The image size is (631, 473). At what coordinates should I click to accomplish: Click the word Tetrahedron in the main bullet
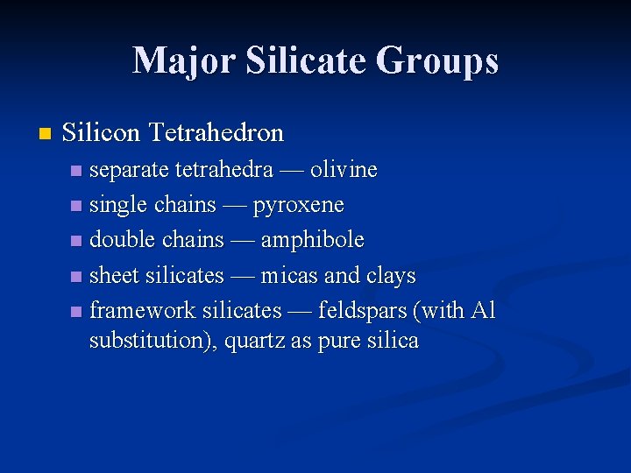tap(216, 133)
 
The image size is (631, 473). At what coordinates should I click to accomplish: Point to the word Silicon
tap(102, 133)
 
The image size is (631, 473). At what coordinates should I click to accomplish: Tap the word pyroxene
tap(299, 206)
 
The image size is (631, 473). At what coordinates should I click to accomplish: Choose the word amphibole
tap(312, 240)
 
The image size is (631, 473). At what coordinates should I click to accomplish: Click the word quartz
tap(255, 342)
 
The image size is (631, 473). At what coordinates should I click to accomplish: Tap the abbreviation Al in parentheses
tap(484, 311)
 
